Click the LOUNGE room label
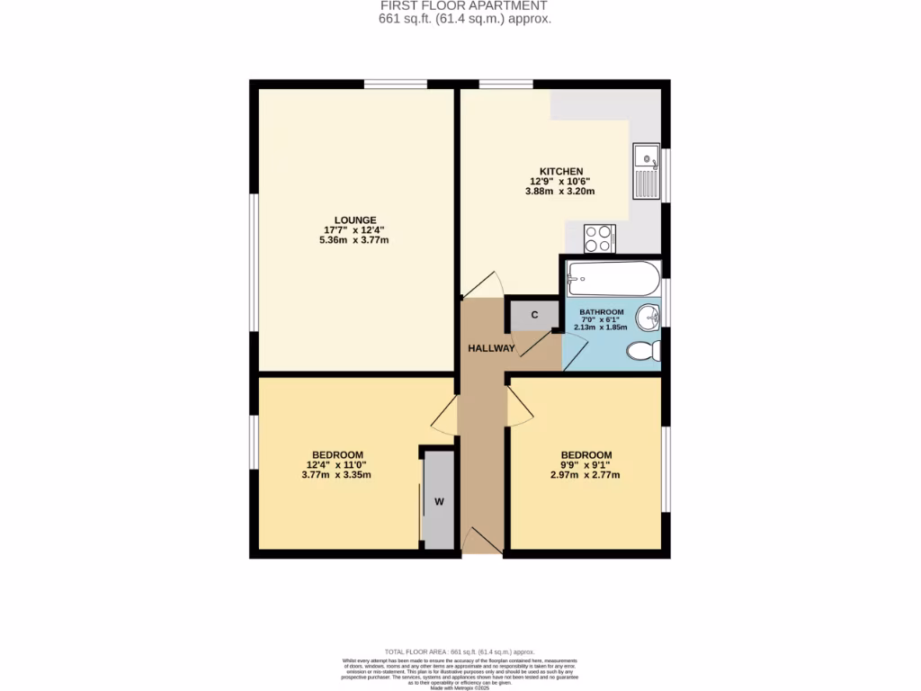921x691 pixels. click(x=354, y=220)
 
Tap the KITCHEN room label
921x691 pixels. click(x=561, y=171)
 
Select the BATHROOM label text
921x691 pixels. click(x=601, y=311)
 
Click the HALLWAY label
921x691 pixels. click(x=491, y=348)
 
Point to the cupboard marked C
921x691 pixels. click(x=533, y=315)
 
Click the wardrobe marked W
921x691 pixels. click(x=439, y=501)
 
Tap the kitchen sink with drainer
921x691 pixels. click(x=646, y=171)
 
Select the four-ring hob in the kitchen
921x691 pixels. click(x=599, y=238)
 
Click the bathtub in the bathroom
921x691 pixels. click(x=613, y=280)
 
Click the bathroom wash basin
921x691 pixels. click(x=648, y=318)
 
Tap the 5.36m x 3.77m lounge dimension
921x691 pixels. click(x=354, y=240)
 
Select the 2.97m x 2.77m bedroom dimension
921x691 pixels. click(x=586, y=475)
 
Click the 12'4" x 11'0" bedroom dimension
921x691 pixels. click(x=337, y=465)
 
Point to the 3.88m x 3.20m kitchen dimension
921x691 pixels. click(x=561, y=192)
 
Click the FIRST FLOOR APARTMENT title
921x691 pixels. click(x=464, y=5)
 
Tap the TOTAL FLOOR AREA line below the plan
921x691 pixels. click(x=460, y=651)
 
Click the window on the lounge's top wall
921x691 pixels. click(x=396, y=85)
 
